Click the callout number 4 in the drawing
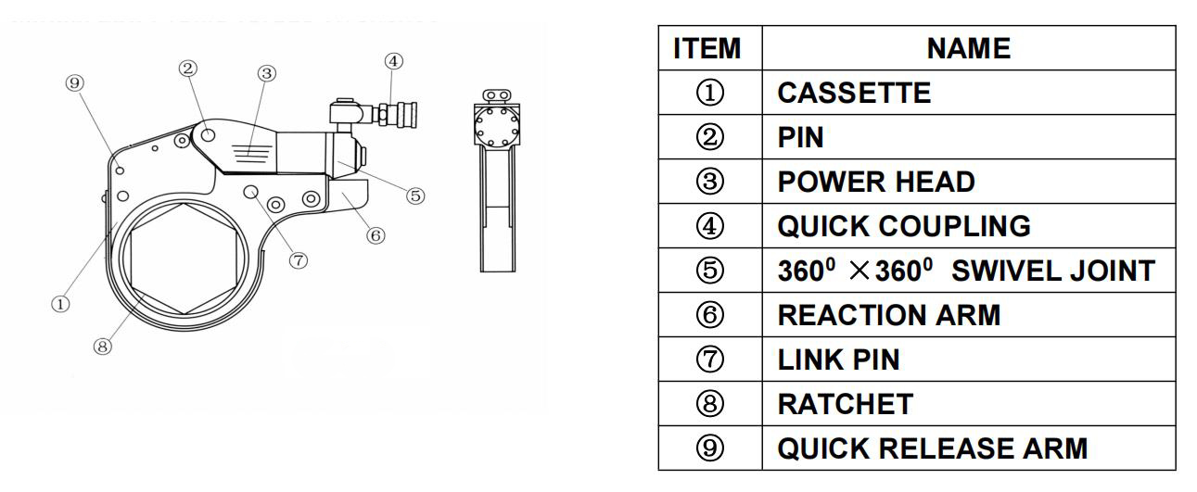pyautogui.click(x=392, y=62)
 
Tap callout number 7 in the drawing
pyautogui.click(x=299, y=259)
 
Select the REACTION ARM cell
pyautogui.click(x=888, y=316)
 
